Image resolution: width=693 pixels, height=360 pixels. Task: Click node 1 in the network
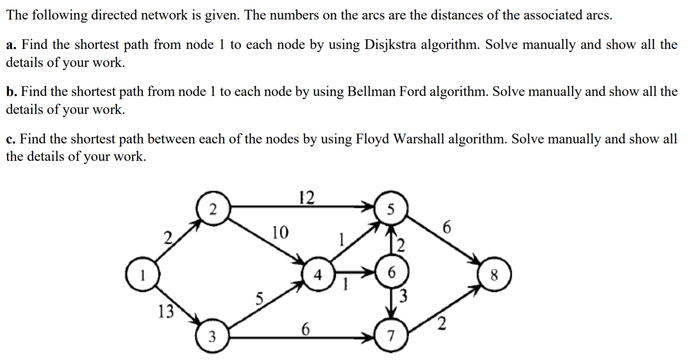(x=143, y=274)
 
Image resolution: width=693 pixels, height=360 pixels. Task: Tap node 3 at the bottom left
(x=212, y=337)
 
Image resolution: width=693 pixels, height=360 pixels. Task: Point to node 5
(x=391, y=210)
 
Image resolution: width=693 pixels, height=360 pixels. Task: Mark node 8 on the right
(x=495, y=274)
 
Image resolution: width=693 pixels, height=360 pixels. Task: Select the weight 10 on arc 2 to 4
(x=280, y=232)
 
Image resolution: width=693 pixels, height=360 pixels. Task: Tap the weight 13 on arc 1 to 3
(x=165, y=312)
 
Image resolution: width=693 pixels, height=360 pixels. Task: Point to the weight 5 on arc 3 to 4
(x=259, y=299)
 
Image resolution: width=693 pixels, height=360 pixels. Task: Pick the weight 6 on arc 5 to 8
(x=446, y=227)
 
